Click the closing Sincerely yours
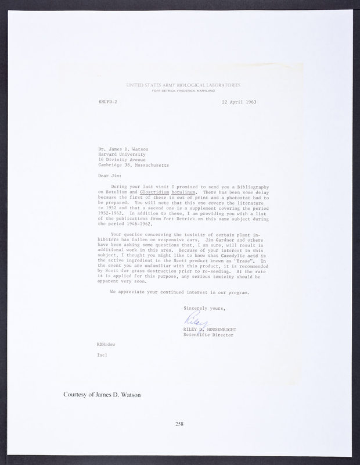click(x=205, y=307)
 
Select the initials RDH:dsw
click(x=106, y=344)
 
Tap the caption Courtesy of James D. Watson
click(x=102, y=395)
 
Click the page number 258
click(x=179, y=424)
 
